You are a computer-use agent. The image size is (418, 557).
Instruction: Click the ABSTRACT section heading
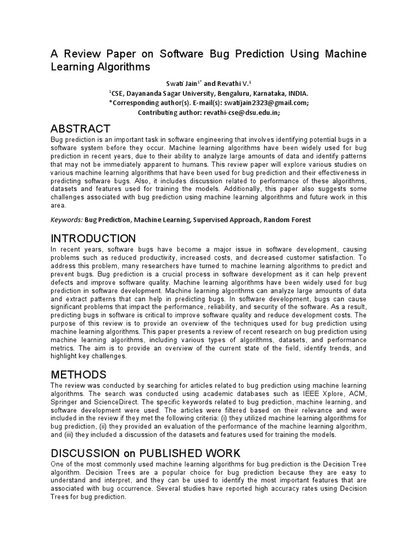[80, 129]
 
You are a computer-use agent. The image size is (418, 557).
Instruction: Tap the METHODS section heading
[78, 375]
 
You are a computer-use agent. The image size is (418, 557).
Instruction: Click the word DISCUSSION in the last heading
[84, 453]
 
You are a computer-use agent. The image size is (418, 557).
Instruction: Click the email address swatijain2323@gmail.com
[257, 102]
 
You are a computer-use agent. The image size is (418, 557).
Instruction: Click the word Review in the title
[81, 54]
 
